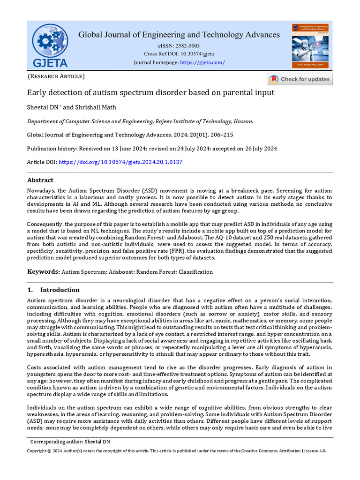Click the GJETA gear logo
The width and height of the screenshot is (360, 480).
[50, 45]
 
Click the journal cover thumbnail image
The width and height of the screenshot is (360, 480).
[310, 45]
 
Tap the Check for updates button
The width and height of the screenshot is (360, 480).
[300, 79]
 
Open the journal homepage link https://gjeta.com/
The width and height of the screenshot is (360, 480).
[202, 63]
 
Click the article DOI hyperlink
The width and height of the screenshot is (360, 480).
[120, 162]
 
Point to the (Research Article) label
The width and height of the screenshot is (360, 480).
[56, 76]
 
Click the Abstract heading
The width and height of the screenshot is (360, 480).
[40, 180]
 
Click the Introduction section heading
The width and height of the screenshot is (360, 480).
[60, 290]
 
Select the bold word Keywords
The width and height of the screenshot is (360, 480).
[43, 272]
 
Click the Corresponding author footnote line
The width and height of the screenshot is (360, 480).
[70, 442]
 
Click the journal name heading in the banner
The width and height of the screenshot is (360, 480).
[179, 35]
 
